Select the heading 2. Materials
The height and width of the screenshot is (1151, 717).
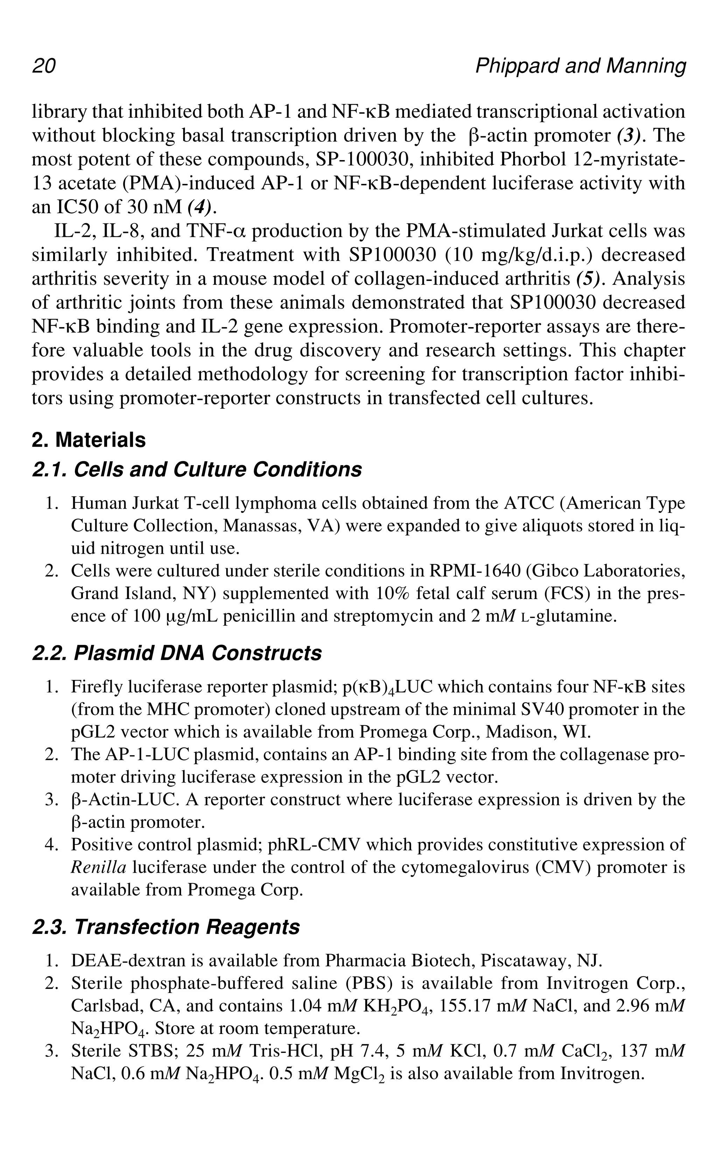(x=89, y=440)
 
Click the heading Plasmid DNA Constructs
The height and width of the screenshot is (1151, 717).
(x=177, y=653)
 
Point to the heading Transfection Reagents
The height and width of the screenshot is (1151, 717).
(x=166, y=926)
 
